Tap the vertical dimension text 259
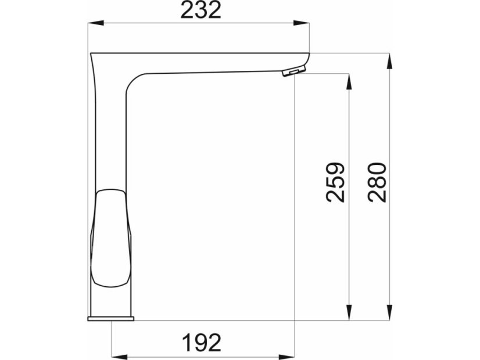coord(335,182)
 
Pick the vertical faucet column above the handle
coord(110,134)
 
